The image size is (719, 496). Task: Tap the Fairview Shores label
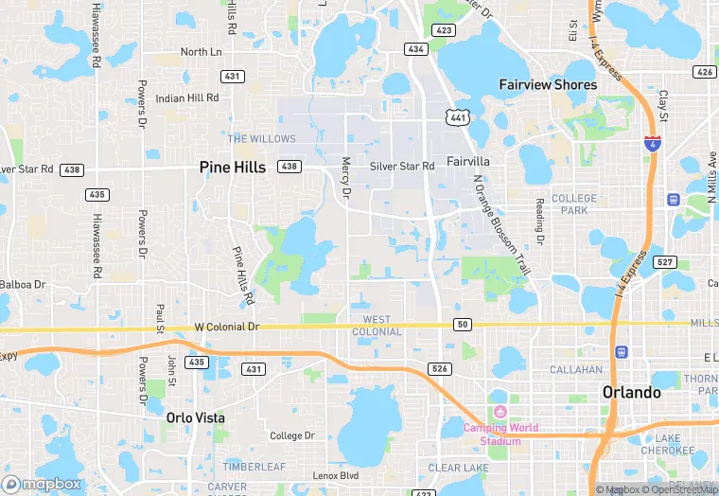point(548,84)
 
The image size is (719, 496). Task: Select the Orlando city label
point(632,393)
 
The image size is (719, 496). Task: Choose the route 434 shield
point(415,48)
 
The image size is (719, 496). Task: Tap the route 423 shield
point(444,30)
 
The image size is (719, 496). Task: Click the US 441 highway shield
point(457,116)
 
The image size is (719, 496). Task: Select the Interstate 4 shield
point(652,144)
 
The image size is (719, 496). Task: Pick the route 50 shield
point(462,325)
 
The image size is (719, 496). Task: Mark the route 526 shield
point(439,369)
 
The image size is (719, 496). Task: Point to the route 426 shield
point(703,72)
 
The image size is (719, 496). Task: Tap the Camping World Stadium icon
point(499,412)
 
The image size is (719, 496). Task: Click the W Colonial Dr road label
point(226,327)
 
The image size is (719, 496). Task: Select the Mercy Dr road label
point(346,178)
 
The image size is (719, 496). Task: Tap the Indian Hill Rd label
point(187,97)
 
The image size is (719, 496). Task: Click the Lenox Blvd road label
point(336,475)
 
